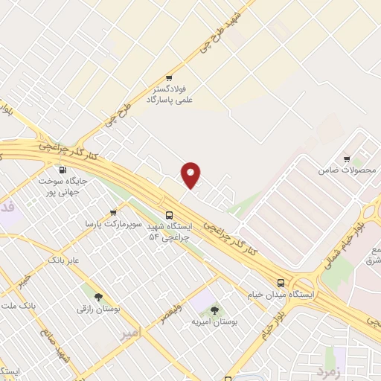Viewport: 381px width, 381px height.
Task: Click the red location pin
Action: tap(192, 175)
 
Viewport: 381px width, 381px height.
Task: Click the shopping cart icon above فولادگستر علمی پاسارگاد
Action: tap(169, 77)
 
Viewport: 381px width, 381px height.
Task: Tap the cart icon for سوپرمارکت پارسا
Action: tap(113, 211)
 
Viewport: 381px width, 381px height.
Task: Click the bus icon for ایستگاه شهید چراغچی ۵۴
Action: tap(169, 212)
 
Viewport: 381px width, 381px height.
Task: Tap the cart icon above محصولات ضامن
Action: tap(347, 159)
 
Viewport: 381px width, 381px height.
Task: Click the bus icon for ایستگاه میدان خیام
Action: tap(281, 283)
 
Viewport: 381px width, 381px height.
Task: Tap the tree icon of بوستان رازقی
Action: tap(97, 295)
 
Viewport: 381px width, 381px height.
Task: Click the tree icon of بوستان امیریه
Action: tap(214, 310)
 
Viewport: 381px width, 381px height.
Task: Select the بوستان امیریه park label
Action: tap(214, 322)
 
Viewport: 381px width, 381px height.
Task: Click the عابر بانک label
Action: tap(63, 261)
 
